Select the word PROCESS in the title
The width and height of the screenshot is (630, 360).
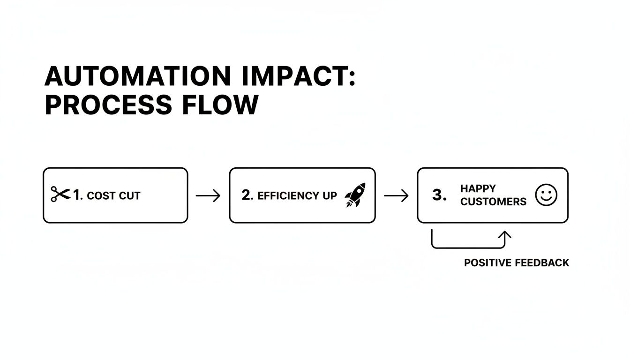(108, 105)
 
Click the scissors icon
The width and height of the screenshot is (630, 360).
(60, 195)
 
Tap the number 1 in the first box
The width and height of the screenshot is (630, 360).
(77, 195)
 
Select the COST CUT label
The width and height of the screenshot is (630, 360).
(113, 195)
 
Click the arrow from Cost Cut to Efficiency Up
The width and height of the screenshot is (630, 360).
(208, 195)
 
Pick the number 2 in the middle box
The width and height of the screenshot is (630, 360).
(247, 195)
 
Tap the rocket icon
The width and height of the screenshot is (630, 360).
(355, 195)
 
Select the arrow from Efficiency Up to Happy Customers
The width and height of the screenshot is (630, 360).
(396, 195)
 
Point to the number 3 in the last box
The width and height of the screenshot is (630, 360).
(438, 195)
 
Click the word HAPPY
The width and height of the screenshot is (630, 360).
(478, 188)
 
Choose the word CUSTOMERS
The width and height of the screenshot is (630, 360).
(493, 202)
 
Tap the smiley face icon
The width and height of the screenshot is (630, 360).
(546, 195)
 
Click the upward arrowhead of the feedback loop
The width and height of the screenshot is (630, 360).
(505, 234)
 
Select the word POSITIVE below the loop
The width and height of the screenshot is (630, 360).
(487, 262)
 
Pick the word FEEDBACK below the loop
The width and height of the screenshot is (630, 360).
(542, 262)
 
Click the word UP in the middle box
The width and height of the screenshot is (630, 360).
(329, 195)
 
